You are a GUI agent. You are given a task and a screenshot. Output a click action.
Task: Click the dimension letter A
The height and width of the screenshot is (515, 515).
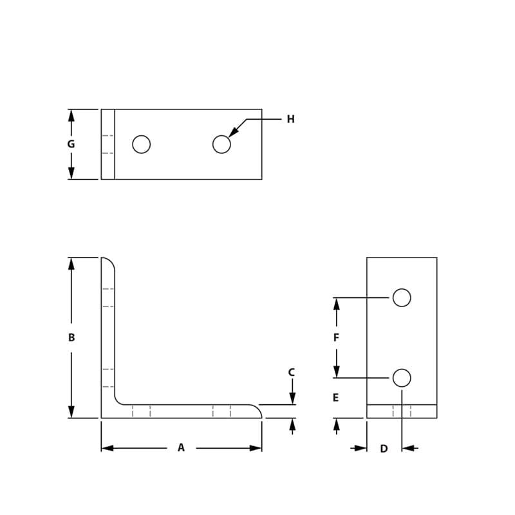click(181, 447)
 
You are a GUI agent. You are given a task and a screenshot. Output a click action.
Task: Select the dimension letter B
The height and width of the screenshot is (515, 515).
click(71, 337)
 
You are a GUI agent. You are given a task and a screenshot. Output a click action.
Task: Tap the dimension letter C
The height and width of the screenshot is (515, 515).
click(292, 372)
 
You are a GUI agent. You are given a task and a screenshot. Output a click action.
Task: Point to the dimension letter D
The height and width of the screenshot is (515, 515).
click(384, 449)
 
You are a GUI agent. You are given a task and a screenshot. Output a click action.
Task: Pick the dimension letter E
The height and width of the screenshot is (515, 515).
click(335, 398)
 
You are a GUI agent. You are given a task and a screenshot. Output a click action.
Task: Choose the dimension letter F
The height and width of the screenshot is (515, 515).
click(336, 337)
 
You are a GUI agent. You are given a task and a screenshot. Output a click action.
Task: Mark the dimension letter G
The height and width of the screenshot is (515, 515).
click(71, 144)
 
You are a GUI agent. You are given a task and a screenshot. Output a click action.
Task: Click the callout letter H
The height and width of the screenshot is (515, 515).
click(290, 119)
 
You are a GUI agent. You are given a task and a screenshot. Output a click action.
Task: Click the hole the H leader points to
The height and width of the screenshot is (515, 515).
click(221, 144)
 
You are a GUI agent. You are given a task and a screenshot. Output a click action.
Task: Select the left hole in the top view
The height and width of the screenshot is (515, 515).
click(142, 144)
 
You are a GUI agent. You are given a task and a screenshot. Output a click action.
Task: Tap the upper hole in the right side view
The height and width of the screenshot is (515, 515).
click(402, 297)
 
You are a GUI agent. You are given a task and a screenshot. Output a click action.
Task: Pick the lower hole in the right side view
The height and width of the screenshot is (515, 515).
click(402, 378)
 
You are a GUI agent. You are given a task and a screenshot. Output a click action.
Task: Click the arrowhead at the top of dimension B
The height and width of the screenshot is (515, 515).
click(71, 263)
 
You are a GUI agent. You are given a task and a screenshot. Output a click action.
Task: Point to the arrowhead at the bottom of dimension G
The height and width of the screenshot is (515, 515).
click(71, 173)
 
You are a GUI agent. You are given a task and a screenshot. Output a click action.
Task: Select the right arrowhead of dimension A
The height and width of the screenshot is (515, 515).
click(256, 448)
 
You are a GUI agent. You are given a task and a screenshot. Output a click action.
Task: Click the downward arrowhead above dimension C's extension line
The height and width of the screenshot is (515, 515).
click(292, 399)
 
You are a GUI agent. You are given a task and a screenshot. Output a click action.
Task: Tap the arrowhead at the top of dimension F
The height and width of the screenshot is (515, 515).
click(336, 303)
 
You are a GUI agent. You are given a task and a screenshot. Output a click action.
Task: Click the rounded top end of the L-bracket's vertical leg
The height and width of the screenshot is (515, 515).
click(108, 261)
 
